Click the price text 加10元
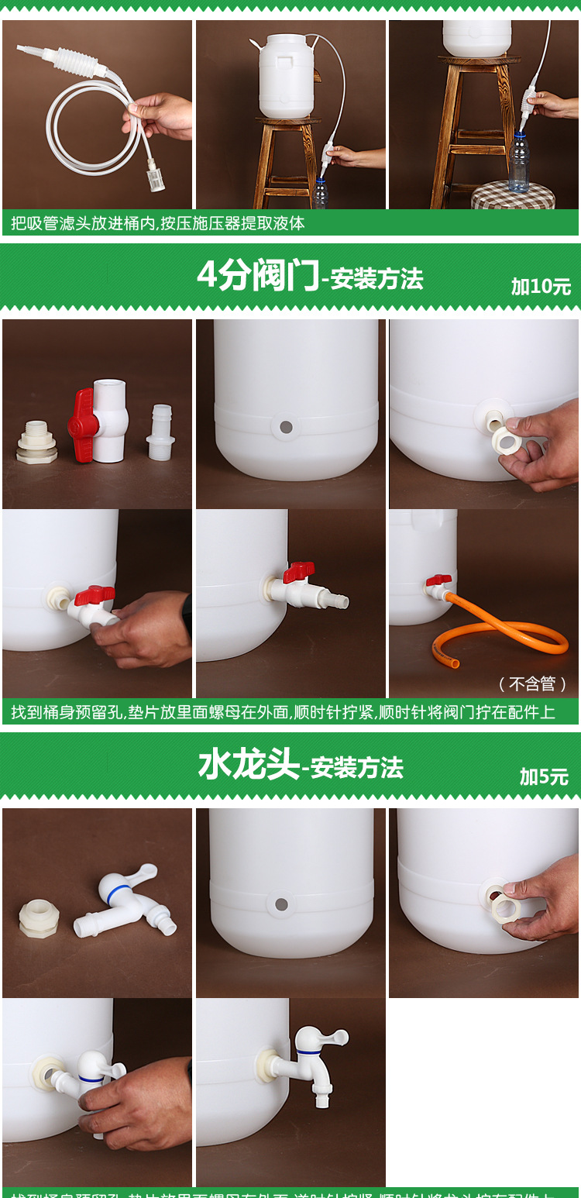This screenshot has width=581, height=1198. tap(541, 287)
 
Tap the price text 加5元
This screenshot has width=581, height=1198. tap(544, 776)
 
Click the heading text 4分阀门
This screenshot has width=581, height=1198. tap(257, 276)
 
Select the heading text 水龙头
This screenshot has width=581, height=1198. tap(248, 766)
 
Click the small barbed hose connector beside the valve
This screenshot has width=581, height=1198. tap(160, 433)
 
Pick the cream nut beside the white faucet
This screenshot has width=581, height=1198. tap(39, 917)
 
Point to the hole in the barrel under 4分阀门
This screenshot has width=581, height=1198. tap(286, 426)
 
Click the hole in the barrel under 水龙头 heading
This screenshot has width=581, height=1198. tap(281, 904)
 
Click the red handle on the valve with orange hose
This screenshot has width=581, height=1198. tap(438, 580)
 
